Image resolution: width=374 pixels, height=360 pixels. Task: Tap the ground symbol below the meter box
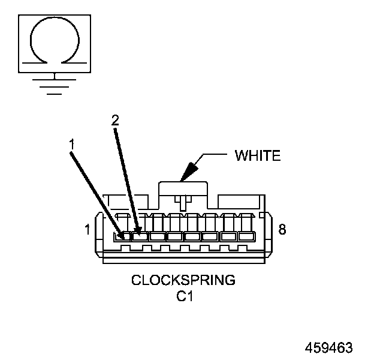pyautogui.click(x=55, y=85)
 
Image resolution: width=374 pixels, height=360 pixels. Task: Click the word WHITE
pyautogui.click(x=258, y=156)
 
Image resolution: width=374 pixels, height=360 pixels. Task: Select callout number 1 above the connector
pyautogui.click(x=71, y=144)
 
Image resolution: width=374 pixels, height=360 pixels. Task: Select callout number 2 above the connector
pyautogui.click(x=115, y=119)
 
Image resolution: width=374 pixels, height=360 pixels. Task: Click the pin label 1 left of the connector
pyautogui.click(x=88, y=229)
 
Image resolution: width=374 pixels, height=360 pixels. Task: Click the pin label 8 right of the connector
pyautogui.click(x=283, y=229)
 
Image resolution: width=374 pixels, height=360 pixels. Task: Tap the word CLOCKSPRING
pyautogui.click(x=183, y=280)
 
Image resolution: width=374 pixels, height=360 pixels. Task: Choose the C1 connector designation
pyautogui.click(x=183, y=295)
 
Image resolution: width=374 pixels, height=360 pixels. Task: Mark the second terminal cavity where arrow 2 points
pyautogui.click(x=140, y=236)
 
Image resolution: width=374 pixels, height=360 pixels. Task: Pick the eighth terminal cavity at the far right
pyautogui.click(x=246, y=236)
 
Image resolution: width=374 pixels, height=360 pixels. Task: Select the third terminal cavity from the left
pyautogui.click(x=158, y=236)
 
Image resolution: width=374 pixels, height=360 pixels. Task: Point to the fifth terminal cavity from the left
pyautogui.click(x=192, y=236)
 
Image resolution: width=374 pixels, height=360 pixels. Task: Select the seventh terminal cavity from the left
pyautogui.click(x=228, y=236)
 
